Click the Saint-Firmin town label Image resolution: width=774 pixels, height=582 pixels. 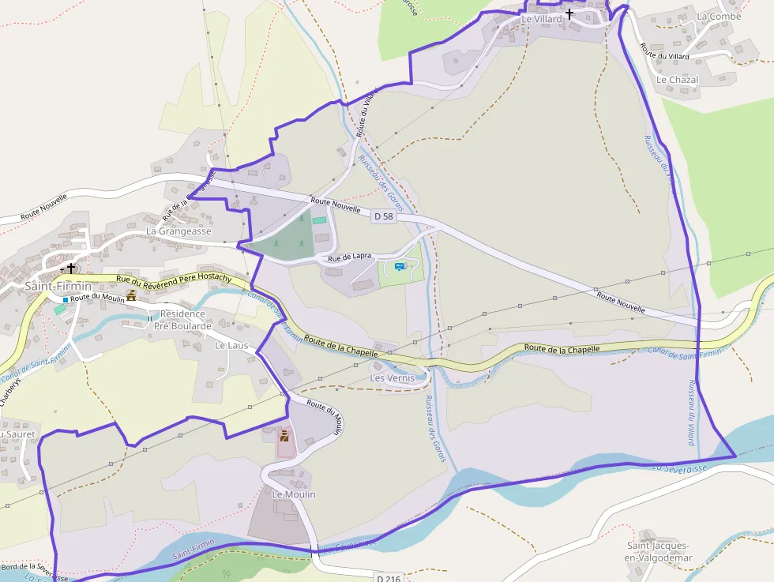tap(58, 285)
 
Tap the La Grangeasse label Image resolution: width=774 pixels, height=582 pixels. tap(178, 231)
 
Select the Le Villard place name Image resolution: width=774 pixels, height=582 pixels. tap(542, 18)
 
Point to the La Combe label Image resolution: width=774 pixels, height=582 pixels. tap(719, 17)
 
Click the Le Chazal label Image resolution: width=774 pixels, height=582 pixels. tap(677, 80)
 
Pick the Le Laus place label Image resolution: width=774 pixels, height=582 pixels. tap(231, 345)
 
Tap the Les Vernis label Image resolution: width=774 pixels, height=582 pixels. tap(393, 378)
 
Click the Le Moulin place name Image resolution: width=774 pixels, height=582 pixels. tap(294, 494)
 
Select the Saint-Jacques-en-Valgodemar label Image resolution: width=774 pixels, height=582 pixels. tap(659, 552)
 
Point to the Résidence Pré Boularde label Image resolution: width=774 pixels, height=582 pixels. tap(182, 320)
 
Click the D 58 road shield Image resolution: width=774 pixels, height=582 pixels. tap(383, 216)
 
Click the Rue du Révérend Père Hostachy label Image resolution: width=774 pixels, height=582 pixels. tap(174, 278)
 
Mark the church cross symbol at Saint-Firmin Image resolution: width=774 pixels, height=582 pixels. tap(71, 268)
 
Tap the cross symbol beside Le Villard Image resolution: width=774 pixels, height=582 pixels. tap(569, 14)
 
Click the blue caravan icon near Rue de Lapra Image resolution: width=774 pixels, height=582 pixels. tap(400, 267)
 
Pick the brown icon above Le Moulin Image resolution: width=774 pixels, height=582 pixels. tap(285, 434)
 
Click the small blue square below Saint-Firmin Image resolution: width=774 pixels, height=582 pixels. tap(65, 300)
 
